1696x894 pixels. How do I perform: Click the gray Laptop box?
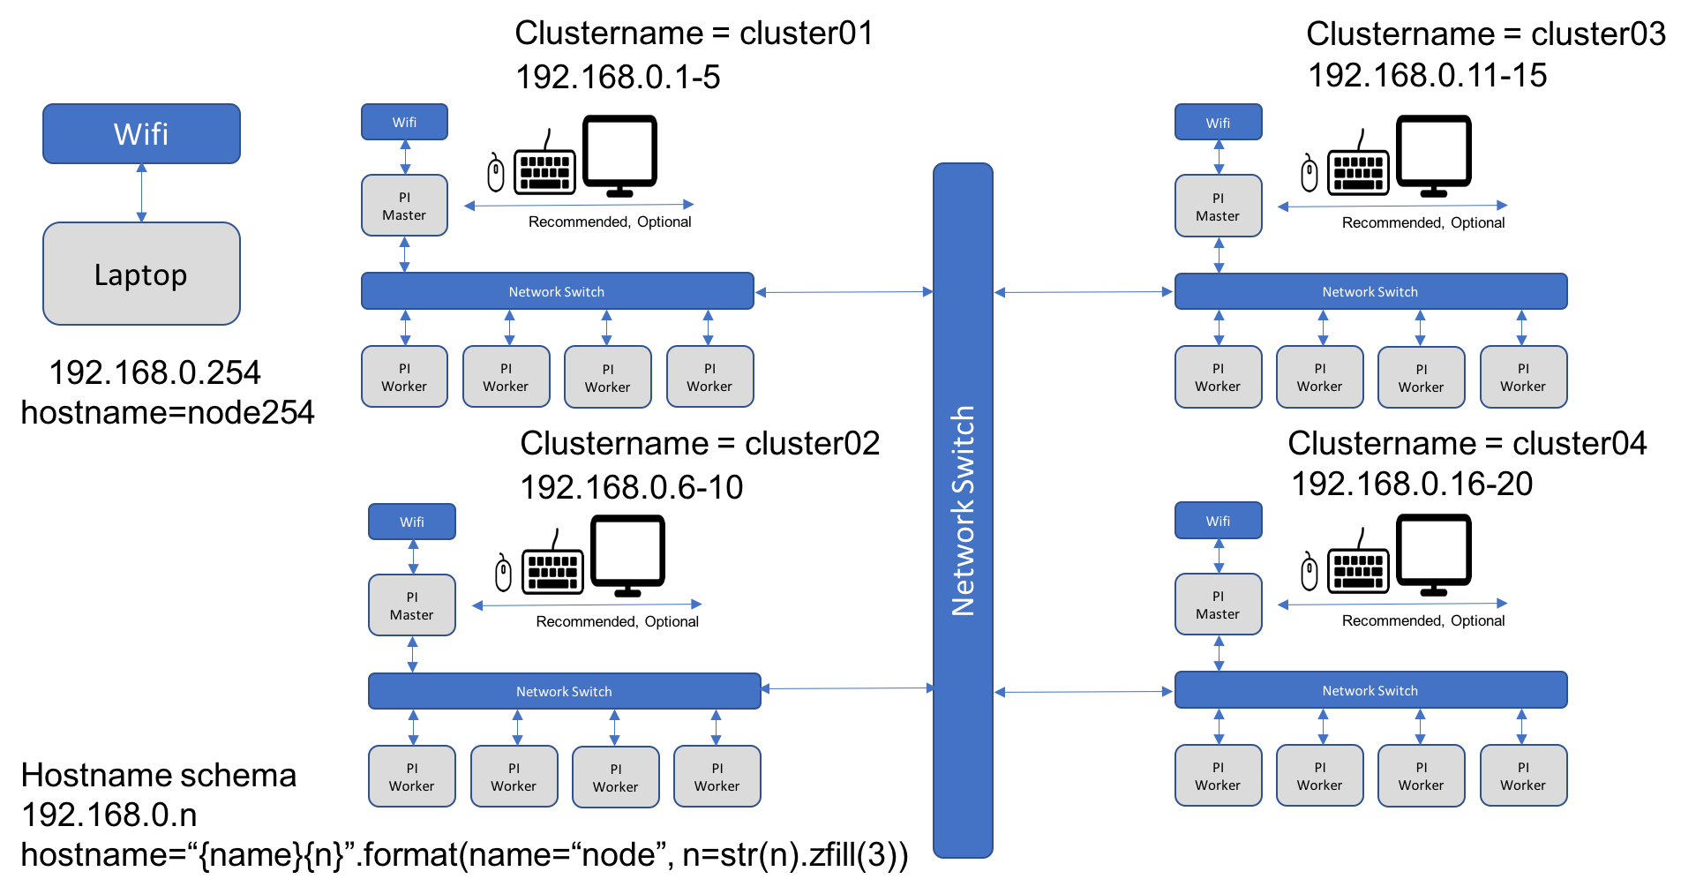pos(141,274)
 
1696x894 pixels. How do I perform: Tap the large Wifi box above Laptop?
pos(141,134)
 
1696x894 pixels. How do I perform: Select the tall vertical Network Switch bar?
pos(963,510)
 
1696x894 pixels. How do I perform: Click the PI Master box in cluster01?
pos(404,206)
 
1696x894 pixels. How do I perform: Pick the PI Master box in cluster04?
pos(1218,605)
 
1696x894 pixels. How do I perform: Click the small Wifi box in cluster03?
pos(1218,123)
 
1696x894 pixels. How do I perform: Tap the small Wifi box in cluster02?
pos(412,522)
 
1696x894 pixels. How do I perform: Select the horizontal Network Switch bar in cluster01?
pos(557,291)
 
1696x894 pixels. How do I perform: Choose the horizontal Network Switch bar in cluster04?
pos(1370,690)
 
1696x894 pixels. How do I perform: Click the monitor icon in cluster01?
pos(619,155)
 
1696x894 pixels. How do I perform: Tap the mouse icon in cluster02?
pos(503,574)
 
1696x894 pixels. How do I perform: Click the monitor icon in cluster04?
pos(1433,555)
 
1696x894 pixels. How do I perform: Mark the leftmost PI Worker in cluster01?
pos(404,377)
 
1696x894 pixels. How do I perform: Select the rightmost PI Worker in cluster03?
pos(1523,378)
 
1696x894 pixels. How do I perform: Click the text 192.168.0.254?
pos(154,372)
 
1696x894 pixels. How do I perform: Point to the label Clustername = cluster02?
pos(700,443)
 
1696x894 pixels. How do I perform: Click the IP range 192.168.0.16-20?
pos(1412,484)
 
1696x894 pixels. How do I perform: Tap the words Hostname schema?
pos(159,775)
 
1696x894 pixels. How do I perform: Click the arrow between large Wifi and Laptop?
pos(141,193)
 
